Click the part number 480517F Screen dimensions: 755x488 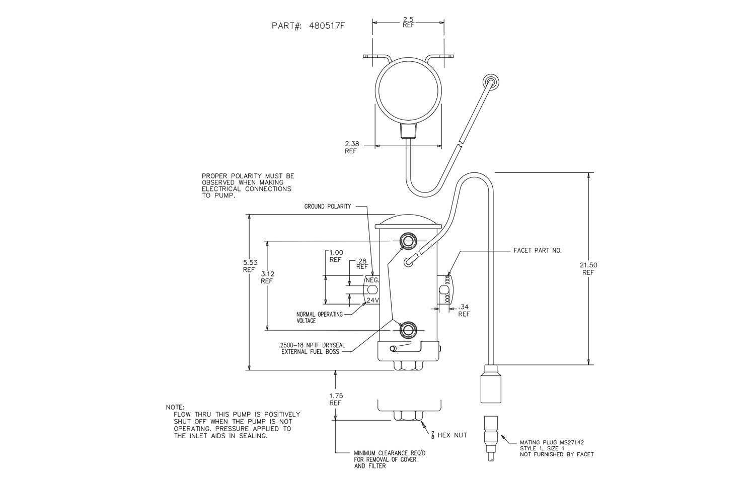(327, 26)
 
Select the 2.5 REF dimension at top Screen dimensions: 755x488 (408, 22)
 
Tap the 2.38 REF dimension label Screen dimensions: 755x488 (352, 147)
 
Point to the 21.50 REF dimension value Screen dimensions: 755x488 (588, 269)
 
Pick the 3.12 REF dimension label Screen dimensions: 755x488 (268, 277)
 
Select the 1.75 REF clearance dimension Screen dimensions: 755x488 (336, 399)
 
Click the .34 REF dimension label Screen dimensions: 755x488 (464, 310)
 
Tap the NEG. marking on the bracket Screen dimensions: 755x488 (372, 280)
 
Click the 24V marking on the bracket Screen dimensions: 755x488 (373, 300)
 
